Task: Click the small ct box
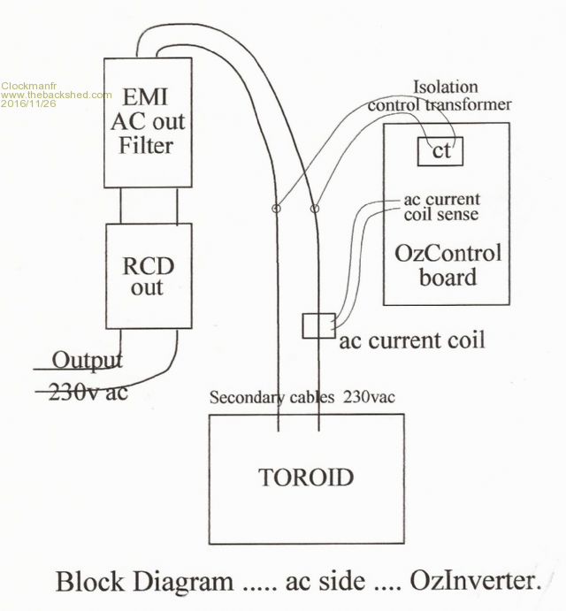(x=441, y=150)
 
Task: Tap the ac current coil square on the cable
(x=316, y=325)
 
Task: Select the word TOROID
(x=306, y=478)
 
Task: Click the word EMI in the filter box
(x=146, y=95)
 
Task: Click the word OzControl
(x=446, y=254)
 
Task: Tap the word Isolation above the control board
(x=447, y=87)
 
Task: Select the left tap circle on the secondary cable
(x=276, y=210)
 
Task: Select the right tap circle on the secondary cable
(x=315, y=210)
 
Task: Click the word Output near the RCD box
(x=88, y=360)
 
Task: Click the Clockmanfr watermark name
(x=26, y=85)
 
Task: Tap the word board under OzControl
(x=446, y=277)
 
